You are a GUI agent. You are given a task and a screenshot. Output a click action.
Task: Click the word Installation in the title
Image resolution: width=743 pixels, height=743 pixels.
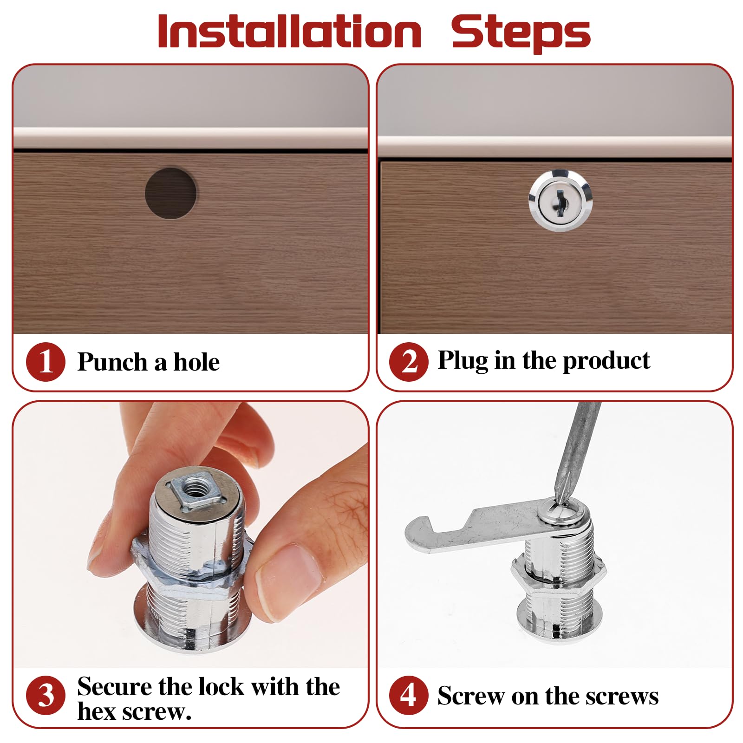tap(289, 31)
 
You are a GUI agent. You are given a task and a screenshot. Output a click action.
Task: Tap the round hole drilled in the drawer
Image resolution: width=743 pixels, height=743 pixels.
tap(170, 193)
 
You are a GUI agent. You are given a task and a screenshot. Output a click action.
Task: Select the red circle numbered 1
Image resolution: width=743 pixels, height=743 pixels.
tap(46, 362)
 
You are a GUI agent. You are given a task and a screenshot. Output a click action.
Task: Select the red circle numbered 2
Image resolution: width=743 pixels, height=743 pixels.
tap(409, 362)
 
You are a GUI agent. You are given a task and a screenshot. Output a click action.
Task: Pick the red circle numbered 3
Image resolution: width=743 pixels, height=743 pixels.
tap(46, 695)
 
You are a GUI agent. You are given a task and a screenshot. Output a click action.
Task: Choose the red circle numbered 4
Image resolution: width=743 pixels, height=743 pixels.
tap(409, 695)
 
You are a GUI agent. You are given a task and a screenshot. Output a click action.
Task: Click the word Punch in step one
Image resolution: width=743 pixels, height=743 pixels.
tap(112, 362)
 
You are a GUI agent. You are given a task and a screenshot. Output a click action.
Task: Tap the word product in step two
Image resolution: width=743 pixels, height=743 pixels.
tap(606, 361)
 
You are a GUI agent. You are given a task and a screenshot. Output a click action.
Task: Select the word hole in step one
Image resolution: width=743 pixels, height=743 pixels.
tap(196, 362)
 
